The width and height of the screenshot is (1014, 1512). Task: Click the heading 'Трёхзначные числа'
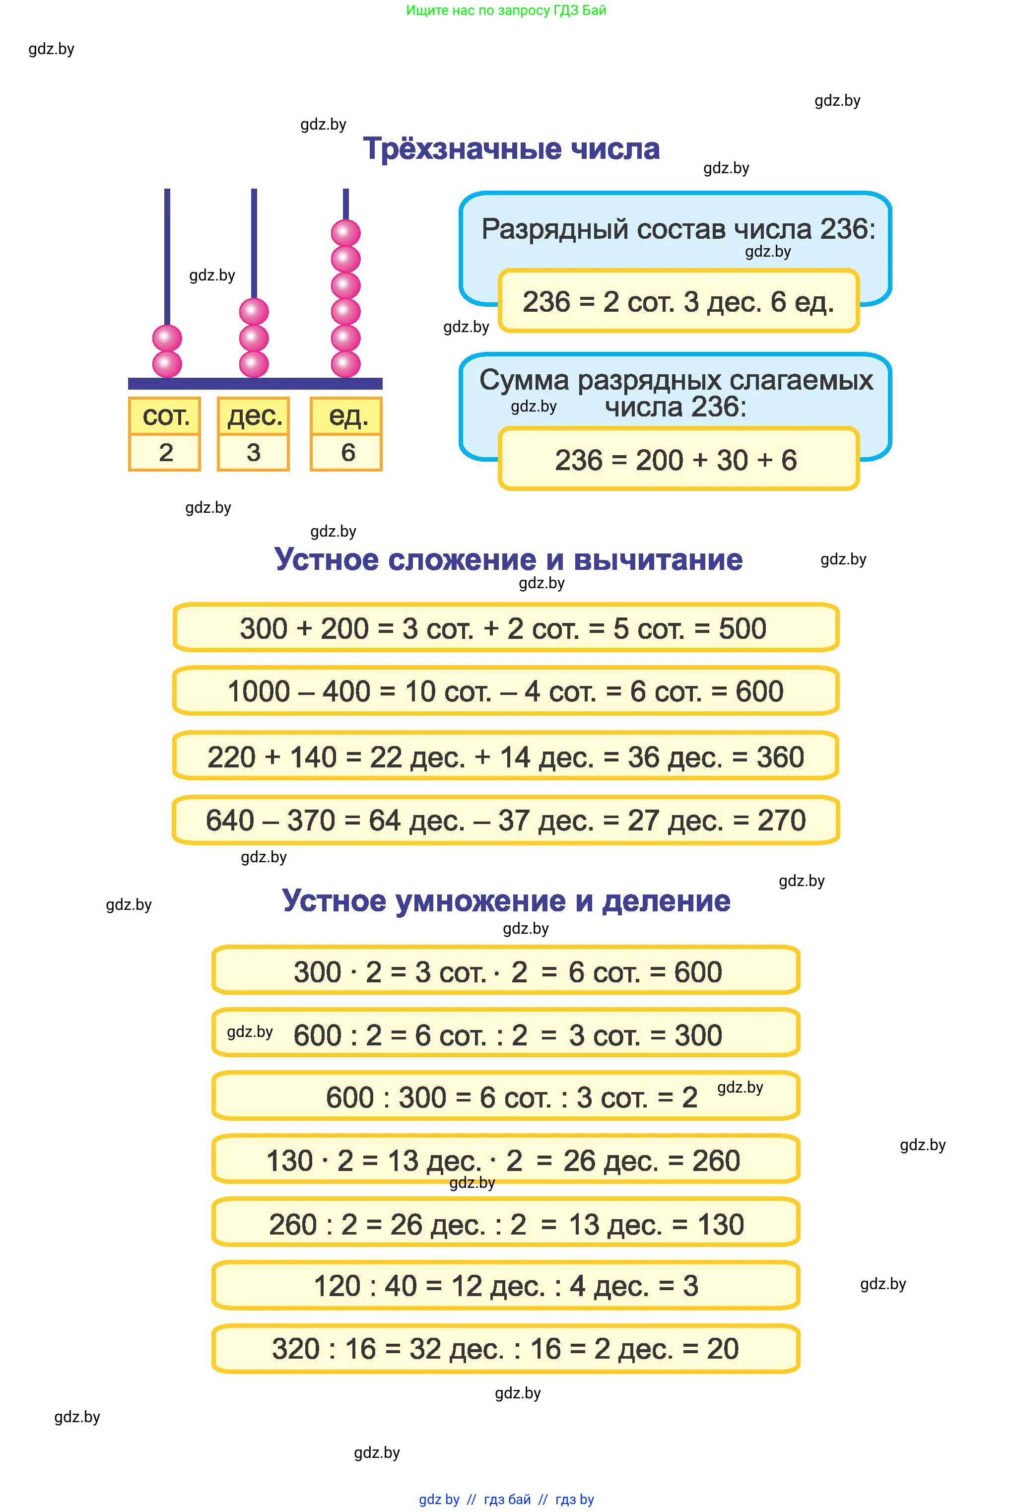tap(511, 149)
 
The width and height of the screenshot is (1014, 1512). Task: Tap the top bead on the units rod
tap(346, 233)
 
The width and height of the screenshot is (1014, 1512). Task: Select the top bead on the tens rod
tap(254, 312)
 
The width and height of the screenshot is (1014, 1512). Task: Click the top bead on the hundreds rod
tap(167, 338)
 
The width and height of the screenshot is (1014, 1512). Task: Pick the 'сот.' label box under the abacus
tap(165, 416)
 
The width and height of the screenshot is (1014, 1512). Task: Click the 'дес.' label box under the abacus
tap(254, 416)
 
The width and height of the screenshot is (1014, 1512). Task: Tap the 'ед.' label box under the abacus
tap(346, 416)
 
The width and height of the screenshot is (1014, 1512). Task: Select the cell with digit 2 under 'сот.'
tap(165, 452)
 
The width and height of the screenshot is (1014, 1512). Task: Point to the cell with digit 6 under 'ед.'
tap(346, 452)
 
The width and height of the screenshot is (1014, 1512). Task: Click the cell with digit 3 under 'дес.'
tap(254, 452)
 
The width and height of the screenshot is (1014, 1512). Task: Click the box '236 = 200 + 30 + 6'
tap(677, 460)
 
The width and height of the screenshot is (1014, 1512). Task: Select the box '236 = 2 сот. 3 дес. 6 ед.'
tap(677, 301)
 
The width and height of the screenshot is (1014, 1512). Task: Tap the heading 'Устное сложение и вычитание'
tap(508, 559)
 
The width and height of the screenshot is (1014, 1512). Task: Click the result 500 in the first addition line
tap(743, 628)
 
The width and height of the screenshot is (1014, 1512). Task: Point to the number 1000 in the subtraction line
tap(259, 691)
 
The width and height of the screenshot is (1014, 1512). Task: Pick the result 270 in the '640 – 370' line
tap(781, 820)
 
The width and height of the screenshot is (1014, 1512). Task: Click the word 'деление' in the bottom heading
tap(666, 901)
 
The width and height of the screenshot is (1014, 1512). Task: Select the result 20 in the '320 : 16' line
tap(722, 1349)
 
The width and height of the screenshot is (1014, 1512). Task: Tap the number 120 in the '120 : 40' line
tap(337, 1286)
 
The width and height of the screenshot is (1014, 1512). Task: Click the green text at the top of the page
tap(506, 10)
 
